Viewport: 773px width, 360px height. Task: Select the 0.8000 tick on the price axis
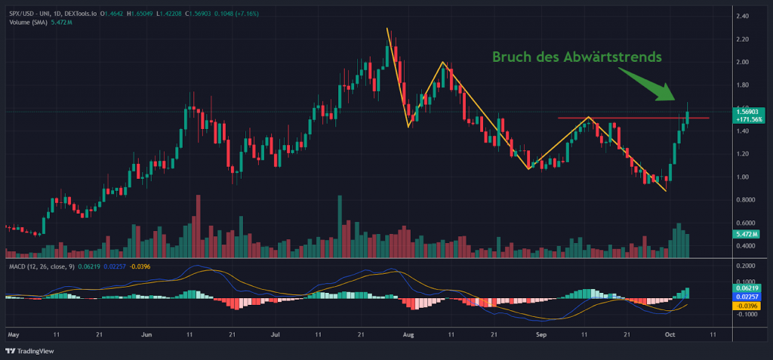click(x=747, y=200)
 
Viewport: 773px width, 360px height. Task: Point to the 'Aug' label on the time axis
click(x=408, y=333)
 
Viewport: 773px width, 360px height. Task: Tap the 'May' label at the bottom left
click(x=12, y=333)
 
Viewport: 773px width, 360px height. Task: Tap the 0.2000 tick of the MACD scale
click(x=747, y=266)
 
